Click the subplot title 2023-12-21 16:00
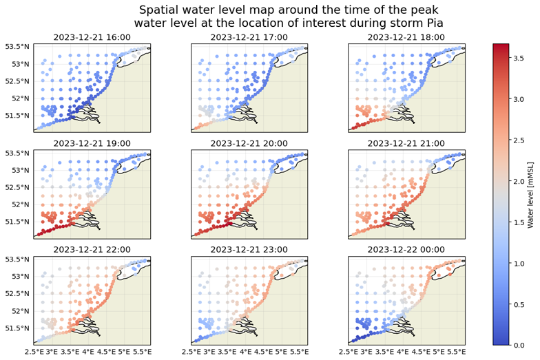pos(92,36)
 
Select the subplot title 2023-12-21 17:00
pos(249,36)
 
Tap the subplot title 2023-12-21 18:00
pos(406,36)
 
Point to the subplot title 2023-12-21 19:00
pos(92,143)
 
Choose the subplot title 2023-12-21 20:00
pos(249,143)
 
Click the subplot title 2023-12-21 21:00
pos(406,143)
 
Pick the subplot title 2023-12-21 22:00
pos(92,249)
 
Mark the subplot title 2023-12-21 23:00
pos(249,249)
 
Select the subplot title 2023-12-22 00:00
pos(406,249)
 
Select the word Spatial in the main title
pos(159,10)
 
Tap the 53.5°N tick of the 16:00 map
pos(17,47)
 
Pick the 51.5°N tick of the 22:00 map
pos(17,328)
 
